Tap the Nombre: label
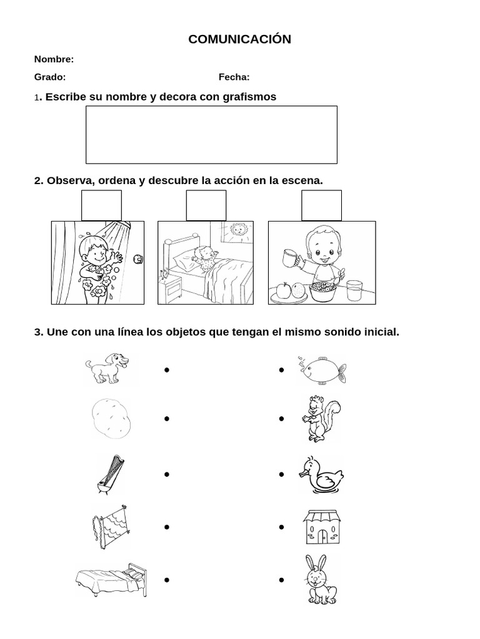[54, 59]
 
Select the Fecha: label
[234, 77]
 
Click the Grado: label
[49, 77]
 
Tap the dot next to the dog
[167, 370]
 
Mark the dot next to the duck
[282, 475]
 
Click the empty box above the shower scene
[101, 205]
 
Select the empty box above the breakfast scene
[321, 205]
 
